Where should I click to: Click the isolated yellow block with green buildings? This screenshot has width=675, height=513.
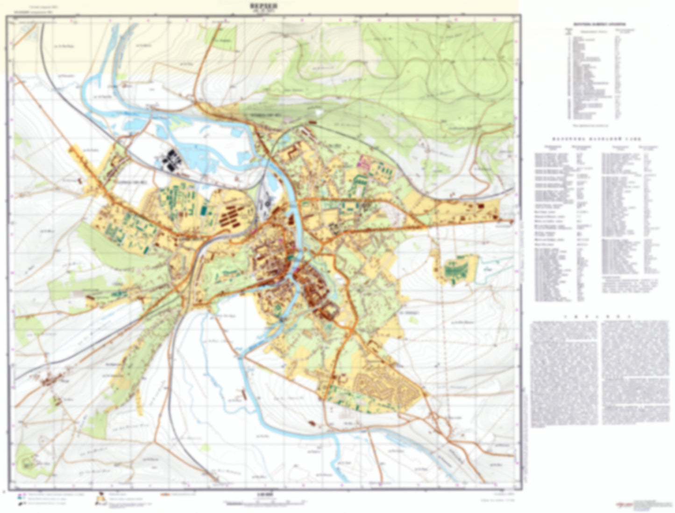pyautogui.click(x=456, y=269)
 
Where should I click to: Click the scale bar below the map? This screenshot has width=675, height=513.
pyautogui.click(x=264, y=503)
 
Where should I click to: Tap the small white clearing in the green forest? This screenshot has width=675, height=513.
pyautogui.click(x=319, y=113)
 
